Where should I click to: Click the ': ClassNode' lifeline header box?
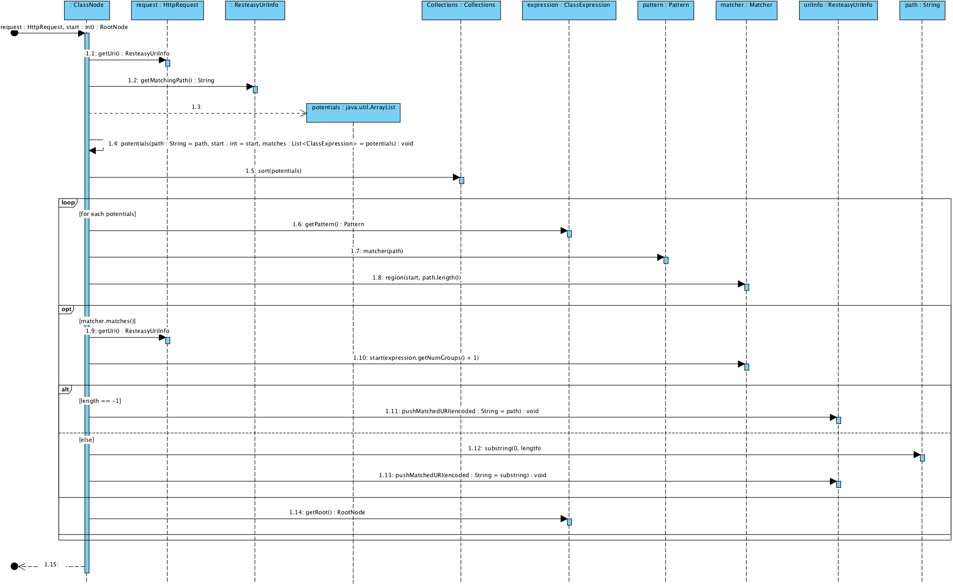coord(87,10)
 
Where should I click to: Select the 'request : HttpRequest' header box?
coord(167,10)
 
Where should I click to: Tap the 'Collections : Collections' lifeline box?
coord(461,10)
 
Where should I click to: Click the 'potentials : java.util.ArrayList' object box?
coord(353,113)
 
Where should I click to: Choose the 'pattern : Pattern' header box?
coord(665,10)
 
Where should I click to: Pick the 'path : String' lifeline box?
coord(922,10)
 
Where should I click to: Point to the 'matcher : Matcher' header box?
coord(746,10)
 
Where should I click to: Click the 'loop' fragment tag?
coord(68,203)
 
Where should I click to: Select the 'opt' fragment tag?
coord(66,309)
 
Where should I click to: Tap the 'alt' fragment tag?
coord(65,390)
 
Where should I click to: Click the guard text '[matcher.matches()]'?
coord(107,321)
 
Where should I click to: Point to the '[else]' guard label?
coord(86,440)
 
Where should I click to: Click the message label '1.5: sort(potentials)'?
coord(273,171)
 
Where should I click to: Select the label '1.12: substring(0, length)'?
coord(504,448)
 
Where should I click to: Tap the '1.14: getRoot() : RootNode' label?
coord(327,512)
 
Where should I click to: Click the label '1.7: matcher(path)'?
coord(377,251)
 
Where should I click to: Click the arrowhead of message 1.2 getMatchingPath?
coord(250,87)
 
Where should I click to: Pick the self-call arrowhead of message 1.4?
coord(92,151)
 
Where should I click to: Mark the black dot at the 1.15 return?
coord(15,566)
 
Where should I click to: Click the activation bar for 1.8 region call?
coord(747,287)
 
